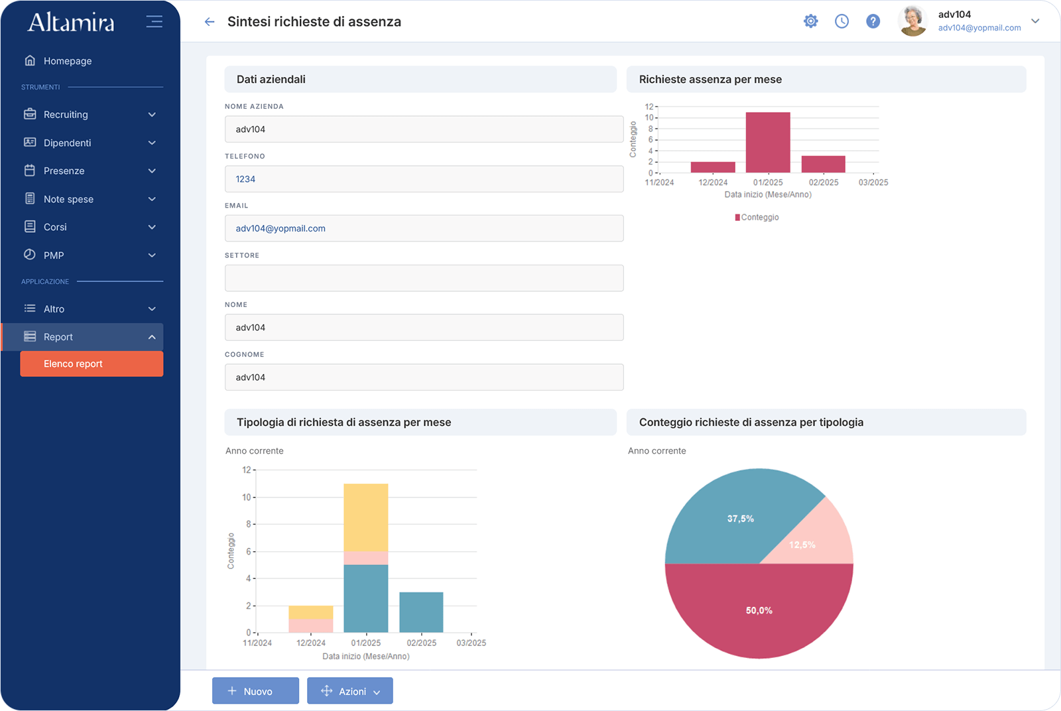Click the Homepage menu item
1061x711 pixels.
[x=67, y=61]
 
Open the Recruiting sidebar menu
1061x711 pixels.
[x=91, y=115]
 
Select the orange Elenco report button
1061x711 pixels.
[x=92, y=364]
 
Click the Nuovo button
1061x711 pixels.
[x=255, y=691]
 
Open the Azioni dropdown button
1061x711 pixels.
[x=350, y=691]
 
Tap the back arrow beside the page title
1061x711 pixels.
[x=210, y=22]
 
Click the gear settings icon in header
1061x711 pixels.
[x=810, y=21]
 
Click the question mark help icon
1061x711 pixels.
[x=873, y=21]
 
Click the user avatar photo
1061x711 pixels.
[x=913, y=21]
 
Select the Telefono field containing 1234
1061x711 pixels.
[x=424, y=179]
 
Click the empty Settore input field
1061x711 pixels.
[x=424, y=278]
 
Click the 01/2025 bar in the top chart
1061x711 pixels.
[x=768, y=143]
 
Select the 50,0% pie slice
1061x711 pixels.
[x=759, y=611]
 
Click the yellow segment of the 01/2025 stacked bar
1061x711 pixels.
[x=366, y=517]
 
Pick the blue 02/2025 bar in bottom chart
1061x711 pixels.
[x=421, y=612]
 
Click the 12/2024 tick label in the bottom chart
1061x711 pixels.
[x=311, y=643]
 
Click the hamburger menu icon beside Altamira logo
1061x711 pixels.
[x=154, y=22]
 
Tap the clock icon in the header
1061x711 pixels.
[x=842, y=21]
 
